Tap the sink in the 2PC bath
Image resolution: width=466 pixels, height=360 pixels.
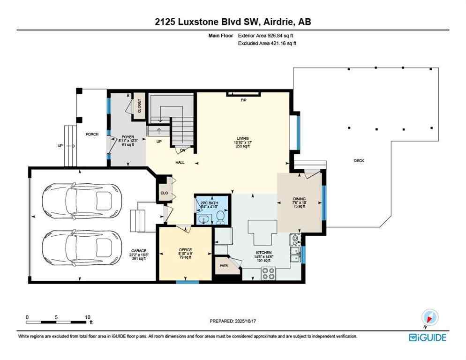(204, 218)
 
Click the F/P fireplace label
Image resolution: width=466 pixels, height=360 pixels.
(243, 100)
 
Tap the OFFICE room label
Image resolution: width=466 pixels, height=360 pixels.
(186, 249)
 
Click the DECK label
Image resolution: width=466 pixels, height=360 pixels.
(359, 161)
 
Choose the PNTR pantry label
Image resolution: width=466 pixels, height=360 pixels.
(223, 265)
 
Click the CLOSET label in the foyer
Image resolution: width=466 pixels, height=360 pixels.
(139, 107)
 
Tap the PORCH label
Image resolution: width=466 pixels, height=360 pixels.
(91, 135)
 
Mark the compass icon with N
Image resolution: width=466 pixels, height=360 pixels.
(429, 317)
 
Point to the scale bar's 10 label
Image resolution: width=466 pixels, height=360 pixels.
(87, 317)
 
